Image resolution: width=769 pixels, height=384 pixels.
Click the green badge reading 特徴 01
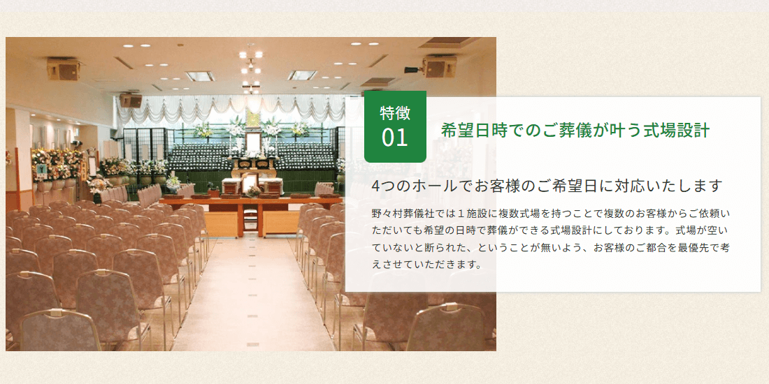point(395,126)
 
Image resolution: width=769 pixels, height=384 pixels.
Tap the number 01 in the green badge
point(395,138)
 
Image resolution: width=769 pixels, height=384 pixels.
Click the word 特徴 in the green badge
point(395,112)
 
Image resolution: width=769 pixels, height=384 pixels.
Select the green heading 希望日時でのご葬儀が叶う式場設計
point(575,130)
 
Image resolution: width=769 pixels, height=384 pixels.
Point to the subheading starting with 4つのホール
point(547,186)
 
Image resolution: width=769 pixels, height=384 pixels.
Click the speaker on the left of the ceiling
point(64,68)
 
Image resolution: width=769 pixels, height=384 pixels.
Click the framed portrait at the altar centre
point(253,143)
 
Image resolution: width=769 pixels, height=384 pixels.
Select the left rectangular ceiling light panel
point(200,75)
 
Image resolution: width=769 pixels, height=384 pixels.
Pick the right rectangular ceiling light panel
point(303,75)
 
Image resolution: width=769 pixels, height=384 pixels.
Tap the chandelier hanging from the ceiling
point(251,68)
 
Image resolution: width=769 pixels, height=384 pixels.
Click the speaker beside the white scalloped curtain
point(130,100)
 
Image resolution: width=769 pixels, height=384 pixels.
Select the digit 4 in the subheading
point(377,186)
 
